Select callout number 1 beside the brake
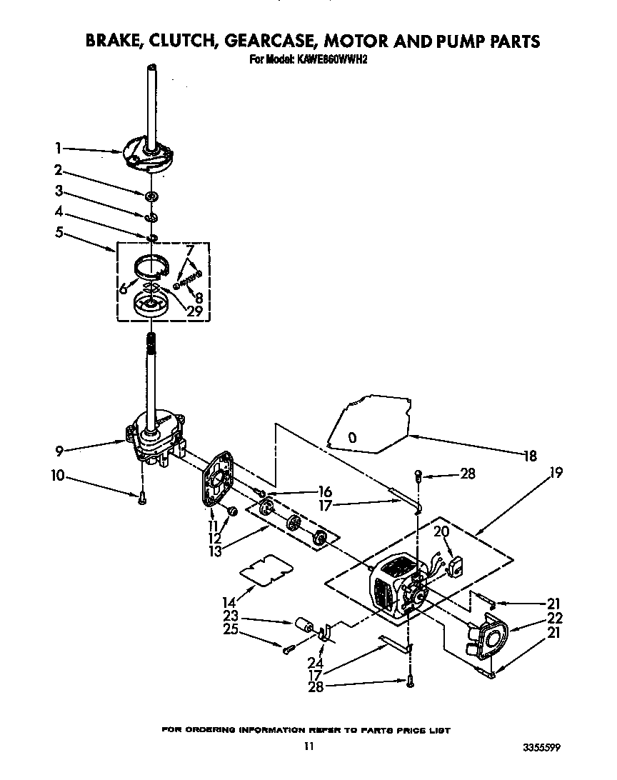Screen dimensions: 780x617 57,149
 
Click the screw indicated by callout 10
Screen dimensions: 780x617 141,498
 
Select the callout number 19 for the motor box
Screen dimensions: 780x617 556,472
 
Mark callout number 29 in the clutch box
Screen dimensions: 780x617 194,311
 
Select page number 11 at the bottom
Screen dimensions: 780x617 308,746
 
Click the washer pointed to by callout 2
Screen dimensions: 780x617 151,196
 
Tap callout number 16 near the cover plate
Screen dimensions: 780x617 325,492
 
